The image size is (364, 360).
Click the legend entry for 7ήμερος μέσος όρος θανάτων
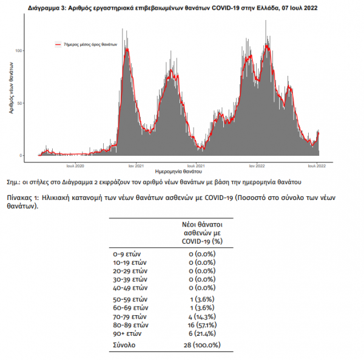point(86,45)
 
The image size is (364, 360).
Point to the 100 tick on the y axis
point(20,50)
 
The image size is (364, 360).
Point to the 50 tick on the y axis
point(21,103)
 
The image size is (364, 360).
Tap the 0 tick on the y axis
point(22,155)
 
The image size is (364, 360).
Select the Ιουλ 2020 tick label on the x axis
point(75,165)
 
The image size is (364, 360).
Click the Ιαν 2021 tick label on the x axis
point(135,165)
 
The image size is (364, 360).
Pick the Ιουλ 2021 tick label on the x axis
point(195,165)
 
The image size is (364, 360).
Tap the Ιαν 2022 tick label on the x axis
point(255,165)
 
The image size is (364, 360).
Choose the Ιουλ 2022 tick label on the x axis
point(317,165)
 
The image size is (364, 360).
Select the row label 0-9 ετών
point(129,254)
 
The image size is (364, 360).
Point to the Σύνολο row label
point(124,347)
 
